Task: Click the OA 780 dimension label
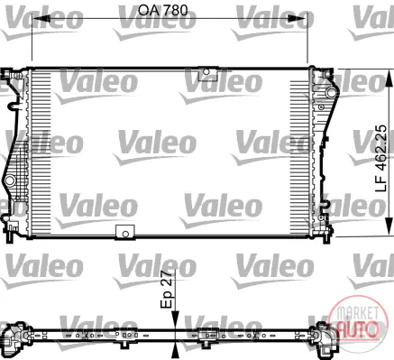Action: point(162,10)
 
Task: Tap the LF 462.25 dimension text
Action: point(381,159)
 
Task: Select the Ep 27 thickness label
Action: point(167,289)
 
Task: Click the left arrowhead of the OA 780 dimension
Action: point(41,19)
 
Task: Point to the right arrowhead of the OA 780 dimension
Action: point(298,19)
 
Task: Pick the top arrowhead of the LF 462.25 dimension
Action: point(389,78)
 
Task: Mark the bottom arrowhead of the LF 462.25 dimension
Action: point(389,227)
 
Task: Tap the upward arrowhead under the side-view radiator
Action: point(175,352)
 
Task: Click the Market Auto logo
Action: point(357,320)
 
